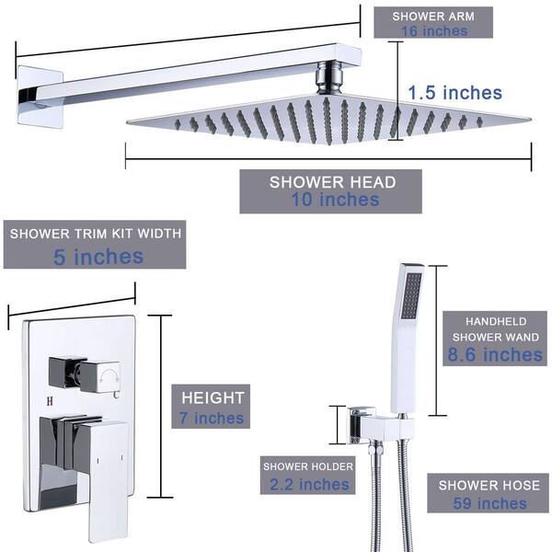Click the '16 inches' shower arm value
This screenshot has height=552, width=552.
pos(433,31)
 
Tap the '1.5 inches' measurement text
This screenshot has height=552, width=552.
pos(455,93)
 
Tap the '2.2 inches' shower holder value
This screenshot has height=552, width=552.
pos(307,484)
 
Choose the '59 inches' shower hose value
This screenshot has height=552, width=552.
pos(489,503)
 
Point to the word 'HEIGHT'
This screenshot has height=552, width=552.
pos(213,398)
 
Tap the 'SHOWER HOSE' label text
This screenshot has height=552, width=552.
pos(489,485)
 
